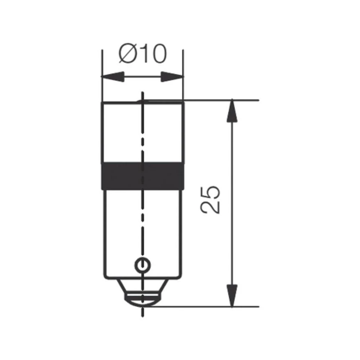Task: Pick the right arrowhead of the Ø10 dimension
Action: (172, 77)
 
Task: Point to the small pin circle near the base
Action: (141, 265)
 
